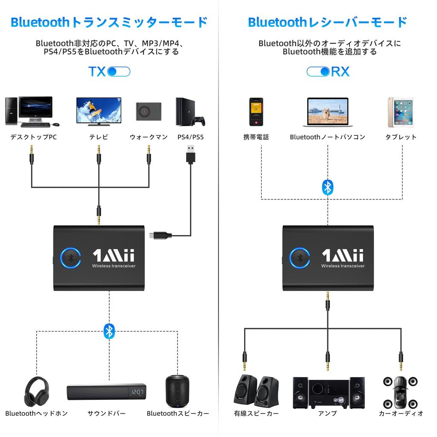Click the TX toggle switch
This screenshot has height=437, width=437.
[119, 72]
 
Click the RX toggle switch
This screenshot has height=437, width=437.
[318, 72]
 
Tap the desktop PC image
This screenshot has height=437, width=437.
[29, 111]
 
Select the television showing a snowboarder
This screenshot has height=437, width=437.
[99, 111]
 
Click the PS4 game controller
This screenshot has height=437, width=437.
[198, 121]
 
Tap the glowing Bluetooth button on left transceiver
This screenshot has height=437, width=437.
[71, 258]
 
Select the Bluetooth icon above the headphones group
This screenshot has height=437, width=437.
[109, 331]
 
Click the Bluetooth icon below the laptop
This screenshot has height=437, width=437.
[327, 187]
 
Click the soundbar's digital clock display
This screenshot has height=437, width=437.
[137, 392]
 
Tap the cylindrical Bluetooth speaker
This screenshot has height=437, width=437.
[176, 390]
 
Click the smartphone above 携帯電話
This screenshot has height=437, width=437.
[256, 112]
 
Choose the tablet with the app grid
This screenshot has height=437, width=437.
[400, 112]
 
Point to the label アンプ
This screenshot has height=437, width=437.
[327, 414]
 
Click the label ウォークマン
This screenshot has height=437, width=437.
[149, 137]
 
